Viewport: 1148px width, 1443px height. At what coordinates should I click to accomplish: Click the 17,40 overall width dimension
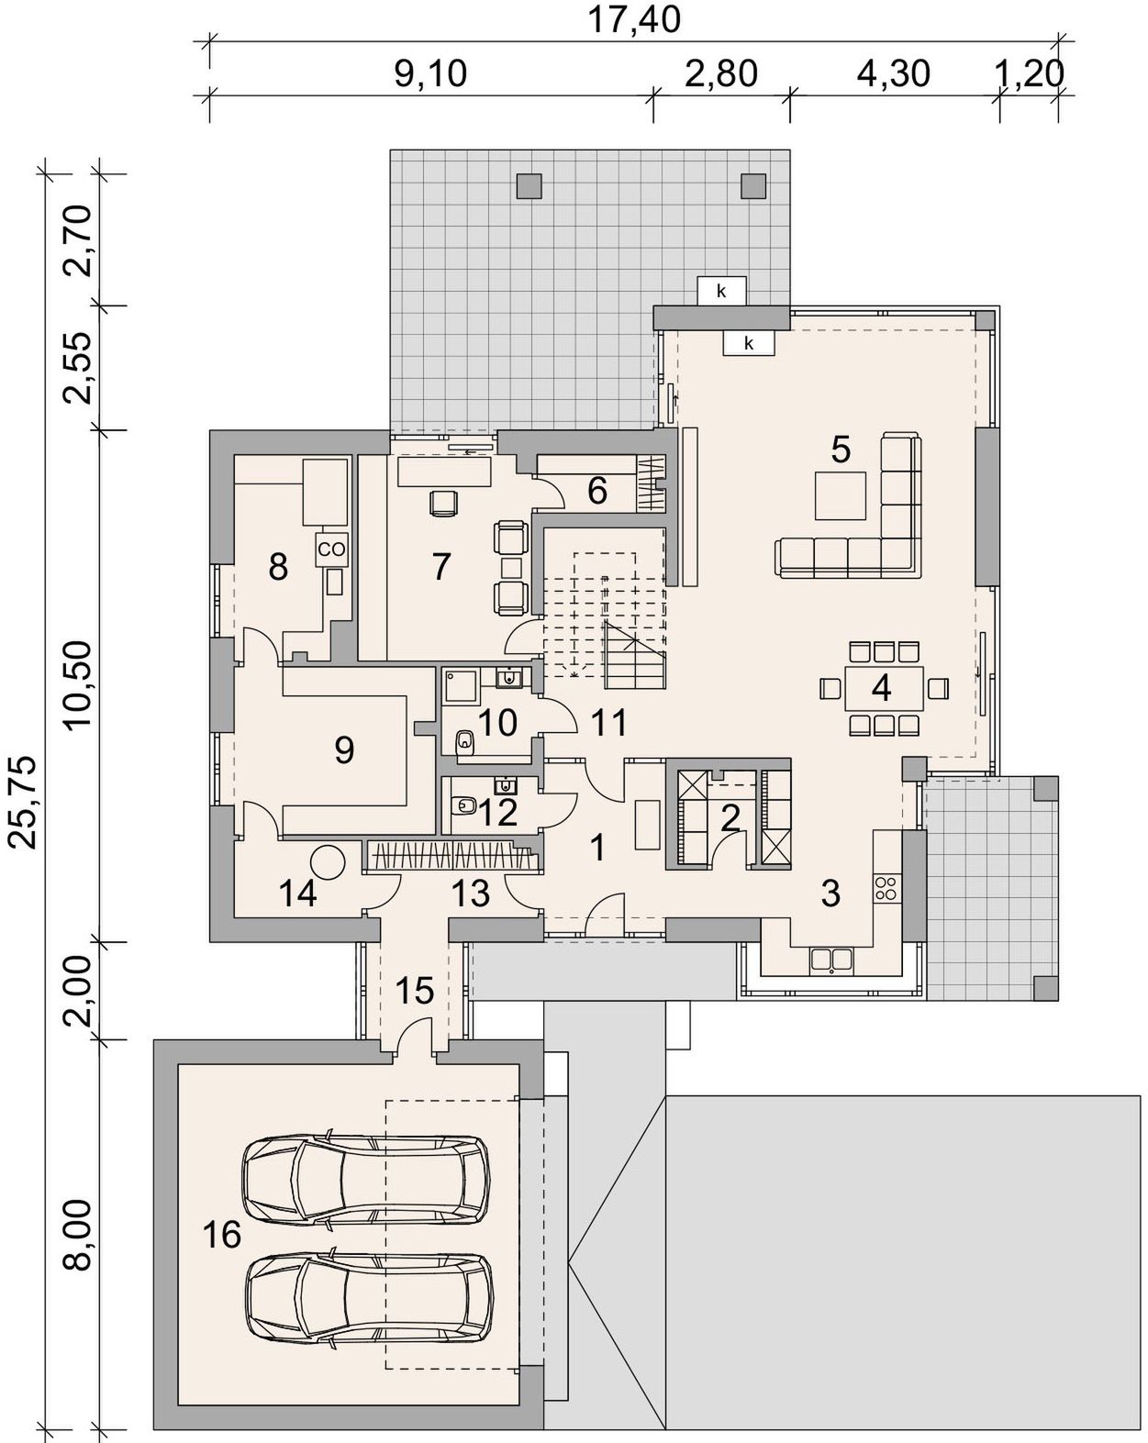click(x=633, y=19)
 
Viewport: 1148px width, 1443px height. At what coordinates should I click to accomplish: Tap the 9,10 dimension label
click(x=430, y=73)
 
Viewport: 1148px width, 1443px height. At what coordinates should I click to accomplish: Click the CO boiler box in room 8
click(x=330, y=549)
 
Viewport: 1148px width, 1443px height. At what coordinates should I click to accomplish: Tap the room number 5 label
click(x=841, y=450)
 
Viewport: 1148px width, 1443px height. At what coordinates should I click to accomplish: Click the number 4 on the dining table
click(x=881, y=688)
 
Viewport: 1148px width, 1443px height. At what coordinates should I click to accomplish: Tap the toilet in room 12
click(x=463, y=804)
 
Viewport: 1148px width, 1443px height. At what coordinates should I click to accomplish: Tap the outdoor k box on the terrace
click(x=721, y=291)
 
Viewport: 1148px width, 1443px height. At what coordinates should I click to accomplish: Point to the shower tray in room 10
click(x=461, y=685)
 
